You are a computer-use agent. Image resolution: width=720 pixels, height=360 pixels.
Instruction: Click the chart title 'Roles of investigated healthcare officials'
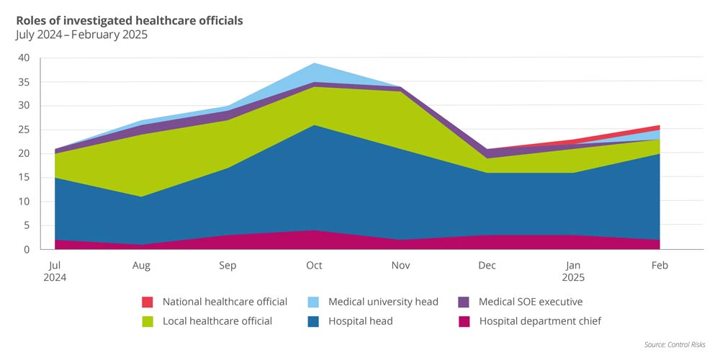tap(130, 20)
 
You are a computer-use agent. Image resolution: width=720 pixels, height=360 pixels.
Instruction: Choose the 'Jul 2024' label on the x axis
tap(55, 271)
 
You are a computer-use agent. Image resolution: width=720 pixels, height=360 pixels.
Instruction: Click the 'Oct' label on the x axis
tap(314, 265)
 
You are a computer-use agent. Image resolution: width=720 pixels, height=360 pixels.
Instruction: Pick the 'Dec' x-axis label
tap(487, 265)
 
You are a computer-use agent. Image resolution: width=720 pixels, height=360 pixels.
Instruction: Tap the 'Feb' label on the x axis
tap(660, 265)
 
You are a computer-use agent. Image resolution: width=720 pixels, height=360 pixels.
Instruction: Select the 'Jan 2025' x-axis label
tap(574, 271)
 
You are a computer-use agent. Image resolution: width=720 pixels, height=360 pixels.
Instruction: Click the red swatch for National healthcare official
tap(148, 302)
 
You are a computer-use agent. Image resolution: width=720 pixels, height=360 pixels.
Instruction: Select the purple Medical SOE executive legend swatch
tap(464, 302)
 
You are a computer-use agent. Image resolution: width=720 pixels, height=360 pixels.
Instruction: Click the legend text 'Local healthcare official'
tap(217, 321)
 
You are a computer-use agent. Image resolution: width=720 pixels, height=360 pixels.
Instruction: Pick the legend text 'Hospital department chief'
tap(540, 321)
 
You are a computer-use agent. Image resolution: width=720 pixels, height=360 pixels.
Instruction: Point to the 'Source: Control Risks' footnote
tap(675, 345)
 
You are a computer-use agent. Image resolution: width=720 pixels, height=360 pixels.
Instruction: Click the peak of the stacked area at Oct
tap(314, 63)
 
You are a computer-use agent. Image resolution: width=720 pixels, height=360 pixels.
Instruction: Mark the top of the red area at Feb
tap(660, 125)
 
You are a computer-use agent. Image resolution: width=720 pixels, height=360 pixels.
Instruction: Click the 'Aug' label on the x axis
tap(142, 265)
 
